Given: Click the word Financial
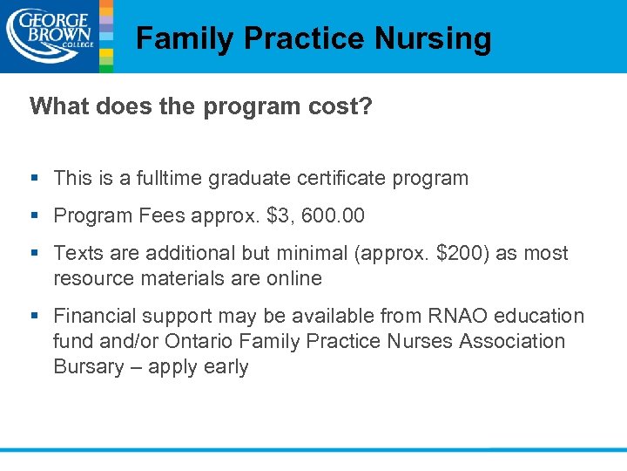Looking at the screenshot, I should [x=96, y=316].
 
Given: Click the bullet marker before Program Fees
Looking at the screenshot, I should [x=36, y=215].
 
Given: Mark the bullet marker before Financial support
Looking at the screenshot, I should [x=36, y=316].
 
